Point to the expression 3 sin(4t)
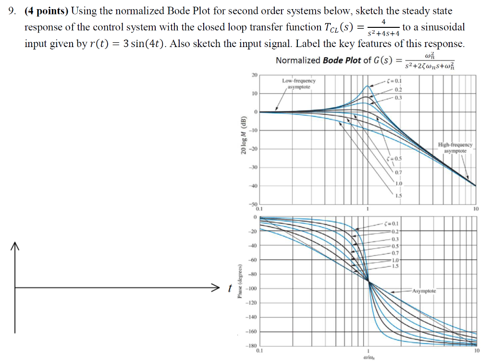click(142, 44)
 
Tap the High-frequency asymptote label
click(455, 147)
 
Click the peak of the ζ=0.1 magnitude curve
click(368, 86)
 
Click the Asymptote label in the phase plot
click(423, 291)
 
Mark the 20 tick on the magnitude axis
click(254, 75)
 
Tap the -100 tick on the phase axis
click(252, 289)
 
